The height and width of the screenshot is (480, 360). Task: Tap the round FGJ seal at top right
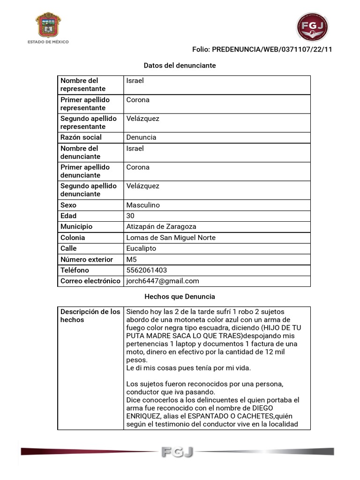(x=312, y=27)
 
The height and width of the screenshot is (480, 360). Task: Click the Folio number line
(x=262, y=49)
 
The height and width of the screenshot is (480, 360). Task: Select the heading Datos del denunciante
(x=180, y=66)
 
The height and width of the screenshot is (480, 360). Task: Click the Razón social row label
(x=81, y=137)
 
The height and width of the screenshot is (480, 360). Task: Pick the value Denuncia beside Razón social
(x=141, y=137)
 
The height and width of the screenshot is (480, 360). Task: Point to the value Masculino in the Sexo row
(x=143, y=205)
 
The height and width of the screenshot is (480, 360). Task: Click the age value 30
(x=130, y=216)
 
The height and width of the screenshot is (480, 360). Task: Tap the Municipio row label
(x=76, y=226)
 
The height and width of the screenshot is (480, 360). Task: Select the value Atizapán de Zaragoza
(x=161, y=226)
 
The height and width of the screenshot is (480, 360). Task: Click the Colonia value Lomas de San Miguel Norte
(x=171, y=238)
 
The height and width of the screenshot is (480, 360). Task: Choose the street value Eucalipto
(x=141, y=248)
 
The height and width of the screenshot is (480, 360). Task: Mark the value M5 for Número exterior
(x=132, y=259)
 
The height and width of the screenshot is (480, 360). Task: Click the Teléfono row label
(x=75, y=270)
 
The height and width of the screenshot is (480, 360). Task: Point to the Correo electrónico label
(x=90, y=281)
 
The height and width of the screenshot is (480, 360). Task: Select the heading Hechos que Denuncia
(x=180, y=296)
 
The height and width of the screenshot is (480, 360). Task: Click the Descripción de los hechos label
(x=90, y=315)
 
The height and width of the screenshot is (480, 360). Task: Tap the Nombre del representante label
(x=83, y=84)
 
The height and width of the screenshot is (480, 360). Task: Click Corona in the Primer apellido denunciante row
(x=138, y=167)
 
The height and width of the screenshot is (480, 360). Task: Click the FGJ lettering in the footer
(x=177, y=452)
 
